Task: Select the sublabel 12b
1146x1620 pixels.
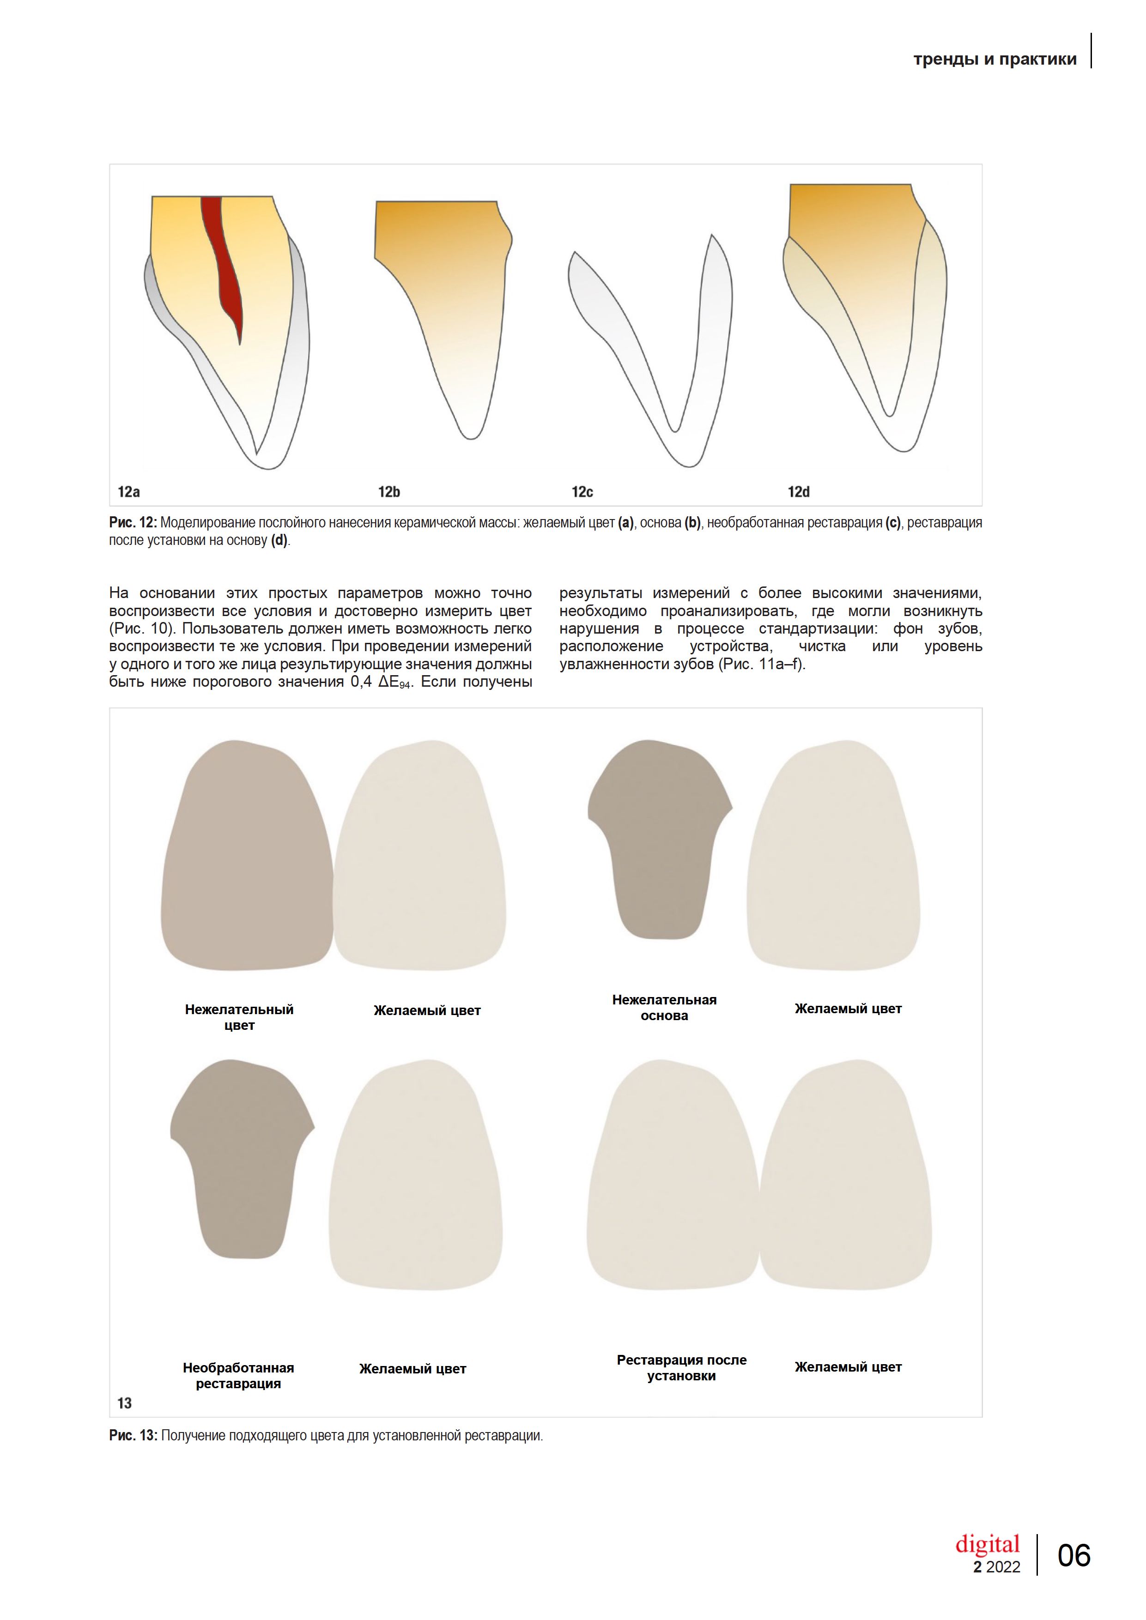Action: point(389,492)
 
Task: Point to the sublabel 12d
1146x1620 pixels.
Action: point(798,492)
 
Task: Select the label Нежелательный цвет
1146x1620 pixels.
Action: point(239,1017)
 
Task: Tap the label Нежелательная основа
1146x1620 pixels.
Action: point(664,1008)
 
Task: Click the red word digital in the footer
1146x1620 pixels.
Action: point(987,1545)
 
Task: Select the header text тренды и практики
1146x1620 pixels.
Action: point(994,59)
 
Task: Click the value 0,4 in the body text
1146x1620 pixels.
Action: point(361,682)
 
